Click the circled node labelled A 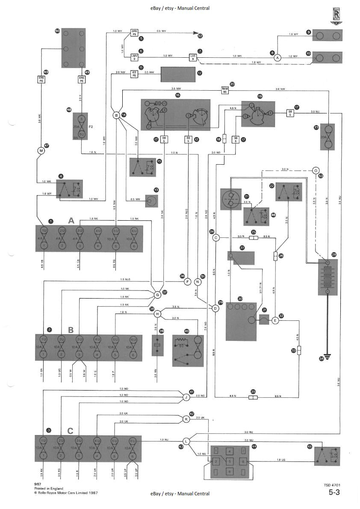[277, 58]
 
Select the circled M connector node [41, 150]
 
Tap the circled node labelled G [157, 294]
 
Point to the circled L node [186, 441]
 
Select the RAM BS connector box [225, 90]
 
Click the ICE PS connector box [134, 73]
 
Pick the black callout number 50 [57, 31]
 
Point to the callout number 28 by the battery [334, 254]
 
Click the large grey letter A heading [71, 220]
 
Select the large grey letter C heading [71, 431]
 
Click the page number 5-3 [334, 493]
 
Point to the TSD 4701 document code [332, 485]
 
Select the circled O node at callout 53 [316, 170]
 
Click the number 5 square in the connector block [230, 461]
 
